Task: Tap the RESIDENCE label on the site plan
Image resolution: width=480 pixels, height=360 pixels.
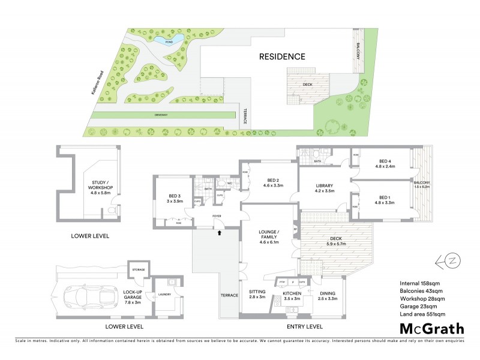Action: click(282, 57)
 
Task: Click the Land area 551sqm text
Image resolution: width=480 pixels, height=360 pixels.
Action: click(422, 313)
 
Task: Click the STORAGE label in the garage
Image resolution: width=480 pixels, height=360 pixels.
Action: click(139, 270)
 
